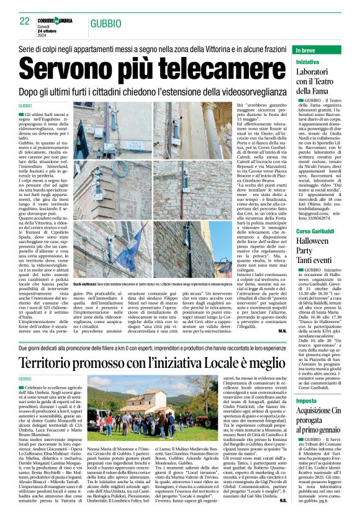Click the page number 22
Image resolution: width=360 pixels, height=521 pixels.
pyautogui.click(x=24, y=21)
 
